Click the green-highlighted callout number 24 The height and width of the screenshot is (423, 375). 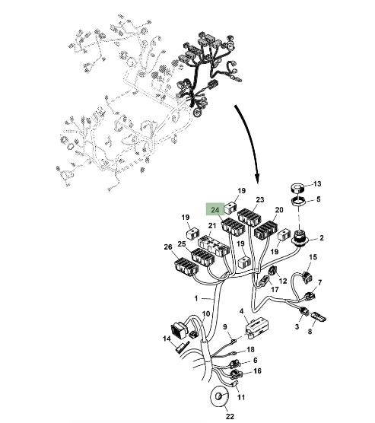pyautogui.click(x=215, y=210)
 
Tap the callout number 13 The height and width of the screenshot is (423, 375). pyautogui.click(x=317, y=183)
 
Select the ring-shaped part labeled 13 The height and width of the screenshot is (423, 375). pyautogui.click(x=297, y=188)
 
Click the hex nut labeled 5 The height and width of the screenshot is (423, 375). pyautogui.click(x=299, y=202)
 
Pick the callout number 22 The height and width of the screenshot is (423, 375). pyautogui.click(x=230, y=416)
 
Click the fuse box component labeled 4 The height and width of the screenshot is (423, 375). pyautogui.click(x=257, y=328)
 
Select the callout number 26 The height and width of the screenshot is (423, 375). pyautogui.click(x=168, y=246)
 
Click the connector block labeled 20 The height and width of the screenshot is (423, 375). pyautogui.click(x=266, y=231)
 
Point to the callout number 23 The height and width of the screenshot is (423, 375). pyautogui.click(x=260, y=200)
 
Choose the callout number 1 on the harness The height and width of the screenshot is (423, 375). pyautogui.click(x=196, y=299)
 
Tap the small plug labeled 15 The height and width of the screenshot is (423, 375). pyautogui.click(x=307, y=276)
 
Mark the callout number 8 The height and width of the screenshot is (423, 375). pyautogui.click(x=310, y=331)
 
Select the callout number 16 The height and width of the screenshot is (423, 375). pyautogui.click(x=257, y=371)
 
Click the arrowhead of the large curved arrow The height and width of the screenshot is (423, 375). pyautogui.click(x=258, y=178)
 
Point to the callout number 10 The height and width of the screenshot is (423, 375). pyautogui.click(x=206, y=314)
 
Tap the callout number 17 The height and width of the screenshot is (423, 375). pyautogui.click(x=275, y=290)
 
